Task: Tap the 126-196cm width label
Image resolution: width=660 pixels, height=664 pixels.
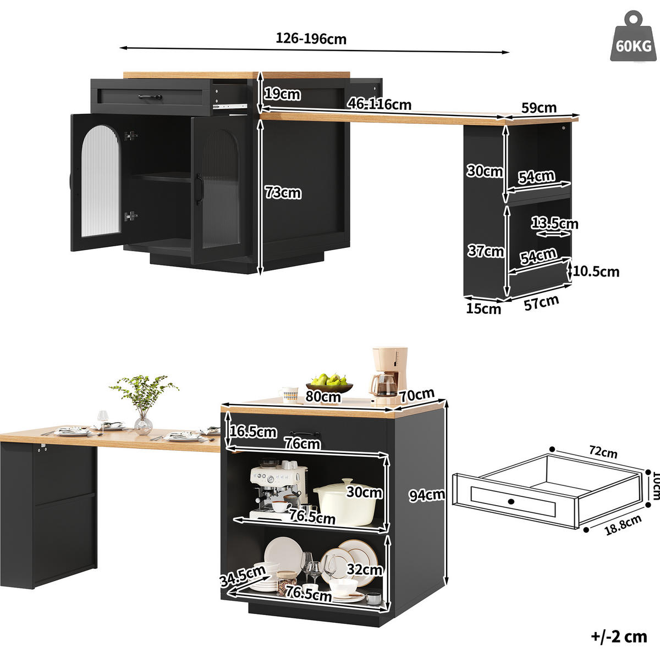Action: click(311, 38)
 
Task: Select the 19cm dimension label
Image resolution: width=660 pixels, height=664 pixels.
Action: click(282, 94)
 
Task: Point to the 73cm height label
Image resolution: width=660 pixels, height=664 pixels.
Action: click(283, 192)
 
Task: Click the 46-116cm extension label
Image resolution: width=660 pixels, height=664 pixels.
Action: click(379, 104)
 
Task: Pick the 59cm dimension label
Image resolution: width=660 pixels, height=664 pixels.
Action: click(539, 108)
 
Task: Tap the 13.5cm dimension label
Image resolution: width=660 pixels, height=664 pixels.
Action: click(554, 223)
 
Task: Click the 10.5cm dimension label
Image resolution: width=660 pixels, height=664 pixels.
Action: click(596, 272)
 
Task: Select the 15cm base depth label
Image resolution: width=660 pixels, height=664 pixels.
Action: click(483, 308)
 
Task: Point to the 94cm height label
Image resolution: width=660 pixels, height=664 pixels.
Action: click(427, 495)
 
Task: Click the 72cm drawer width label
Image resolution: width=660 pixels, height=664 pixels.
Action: click(603, 452)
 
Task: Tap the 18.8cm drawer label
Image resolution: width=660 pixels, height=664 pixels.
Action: click(623, 525)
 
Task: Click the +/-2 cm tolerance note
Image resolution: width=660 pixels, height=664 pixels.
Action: click(619, 637)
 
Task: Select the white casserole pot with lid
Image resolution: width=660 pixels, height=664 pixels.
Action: click(346, 503)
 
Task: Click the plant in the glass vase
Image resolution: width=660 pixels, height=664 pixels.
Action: click(144, 404)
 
